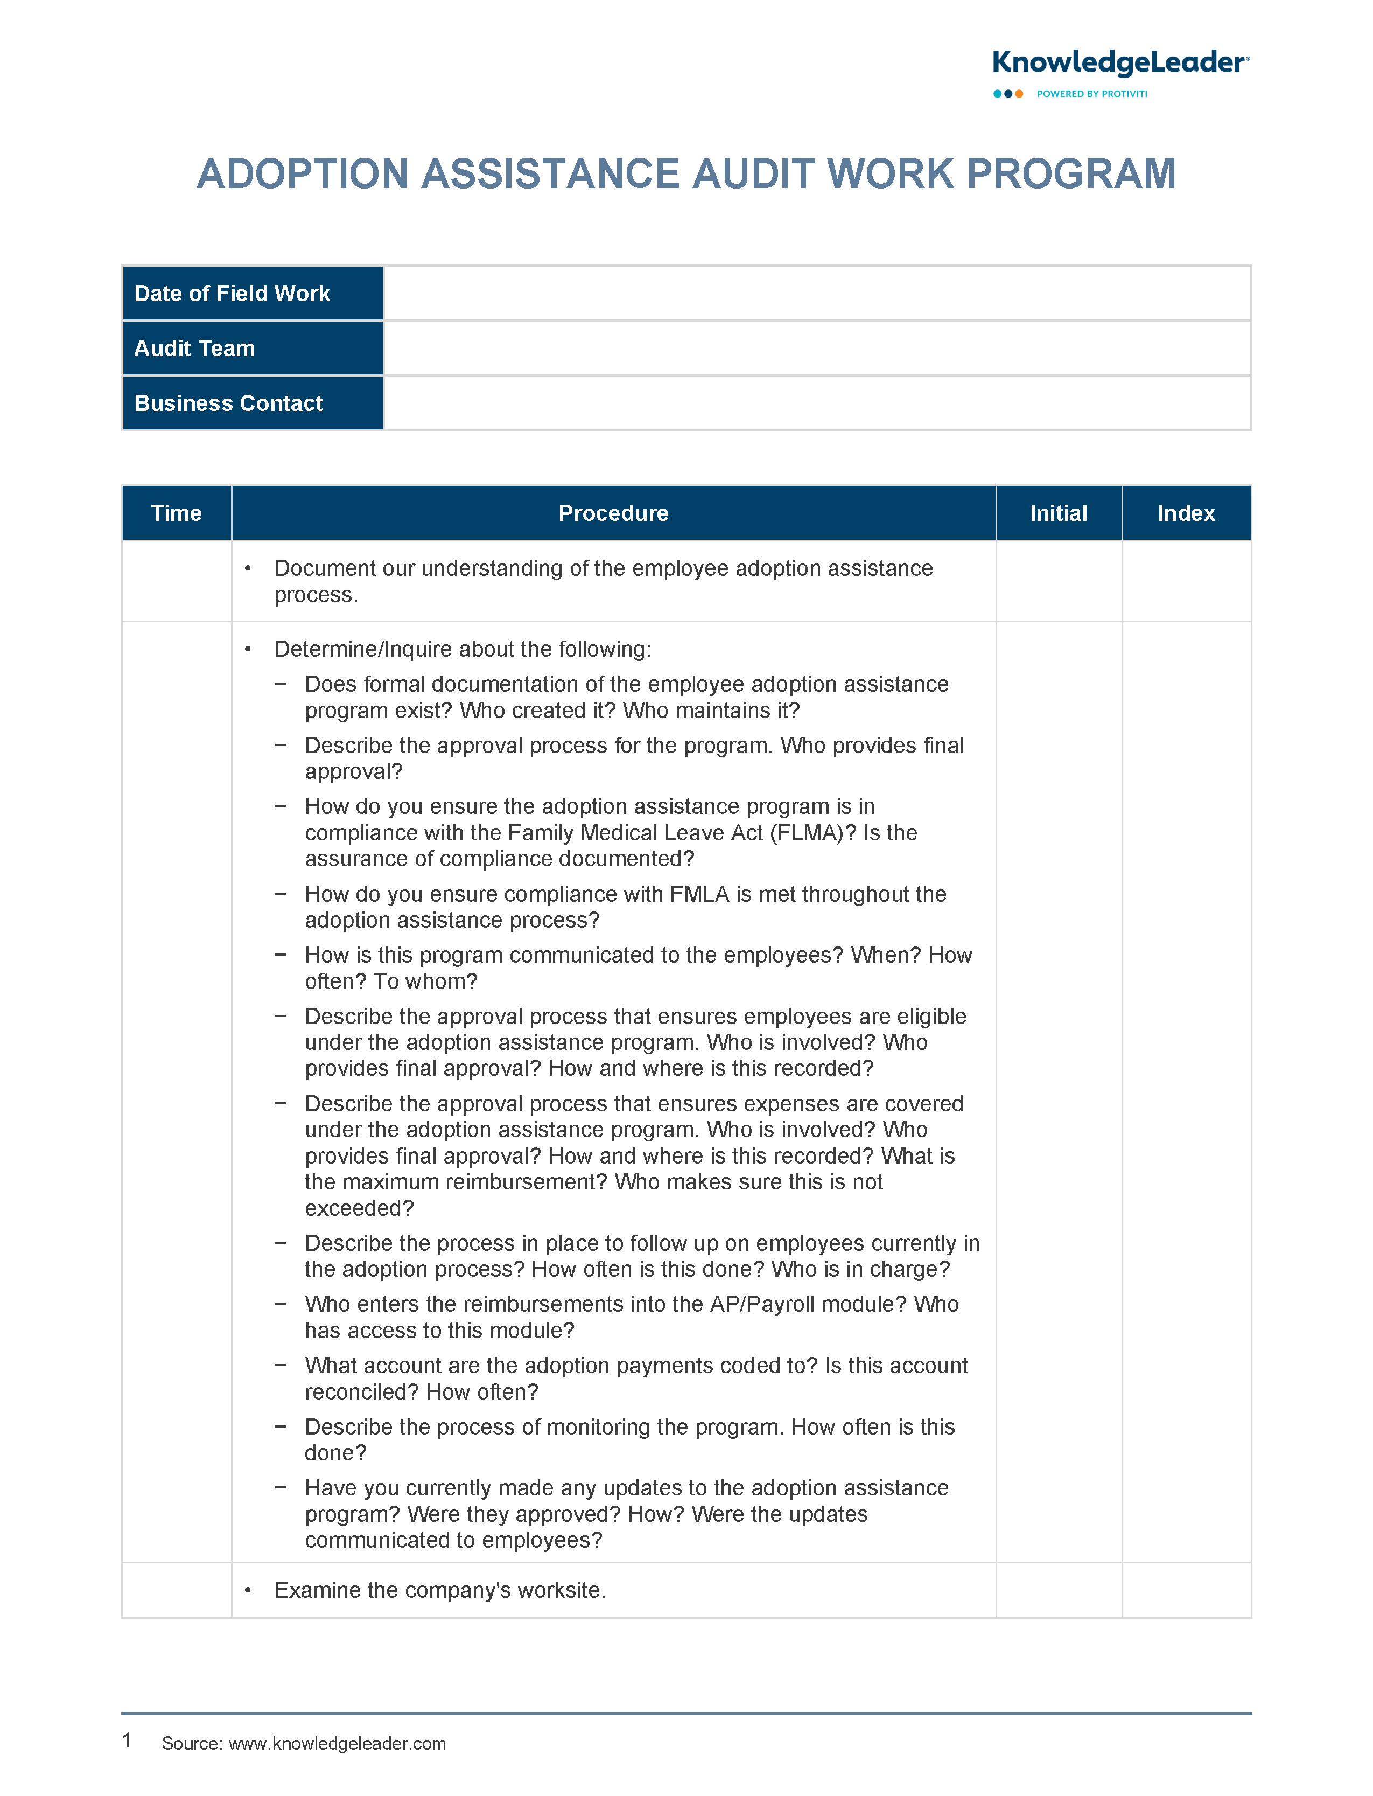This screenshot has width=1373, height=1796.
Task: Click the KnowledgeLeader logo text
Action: [x=1119, y=63]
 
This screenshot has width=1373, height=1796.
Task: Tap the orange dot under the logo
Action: [x=1019, y=94]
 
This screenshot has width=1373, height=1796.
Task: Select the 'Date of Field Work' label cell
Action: [x=253, y=294]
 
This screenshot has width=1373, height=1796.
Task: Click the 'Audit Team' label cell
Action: [x=253, y=348]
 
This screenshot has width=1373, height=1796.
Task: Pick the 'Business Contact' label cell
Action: [x=253, y=403]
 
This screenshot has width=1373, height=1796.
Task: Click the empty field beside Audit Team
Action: [x=816, y=348]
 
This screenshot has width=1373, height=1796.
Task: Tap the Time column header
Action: [x=177, y=513]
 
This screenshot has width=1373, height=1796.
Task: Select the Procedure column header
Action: [x=613, y=513]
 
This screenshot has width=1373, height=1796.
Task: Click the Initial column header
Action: [x=1059, y=513]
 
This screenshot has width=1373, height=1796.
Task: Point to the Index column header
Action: [x=1186, y=513]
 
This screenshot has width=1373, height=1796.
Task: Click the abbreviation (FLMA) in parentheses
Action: [x=810, y=833]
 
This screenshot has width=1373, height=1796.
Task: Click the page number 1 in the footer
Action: [x=127, y=1741]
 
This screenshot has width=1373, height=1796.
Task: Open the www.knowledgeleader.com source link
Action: [x=337, y=1744]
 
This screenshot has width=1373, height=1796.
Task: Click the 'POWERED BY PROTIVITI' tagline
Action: [x=1092, y=94]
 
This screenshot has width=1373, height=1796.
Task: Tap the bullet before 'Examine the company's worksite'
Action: [x=248, y=1590]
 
